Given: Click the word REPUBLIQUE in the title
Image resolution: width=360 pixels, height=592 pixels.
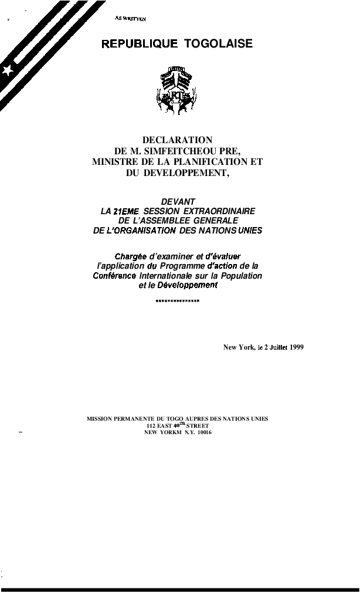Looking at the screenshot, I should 140,44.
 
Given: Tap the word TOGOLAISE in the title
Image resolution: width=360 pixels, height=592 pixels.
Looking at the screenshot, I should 218,44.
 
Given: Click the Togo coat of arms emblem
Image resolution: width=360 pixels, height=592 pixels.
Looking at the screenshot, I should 176,90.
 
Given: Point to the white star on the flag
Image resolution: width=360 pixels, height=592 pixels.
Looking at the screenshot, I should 8,70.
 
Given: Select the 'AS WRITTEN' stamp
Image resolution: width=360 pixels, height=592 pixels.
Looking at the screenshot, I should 130,19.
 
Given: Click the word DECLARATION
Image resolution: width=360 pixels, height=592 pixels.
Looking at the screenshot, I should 177,140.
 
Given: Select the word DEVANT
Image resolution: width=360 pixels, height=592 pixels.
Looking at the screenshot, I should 178,201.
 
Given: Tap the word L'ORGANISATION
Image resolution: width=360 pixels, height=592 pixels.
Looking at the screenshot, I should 141,231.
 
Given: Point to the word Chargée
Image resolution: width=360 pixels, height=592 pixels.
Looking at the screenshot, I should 130,256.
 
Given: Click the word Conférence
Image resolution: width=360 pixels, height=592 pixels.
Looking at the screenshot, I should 115,276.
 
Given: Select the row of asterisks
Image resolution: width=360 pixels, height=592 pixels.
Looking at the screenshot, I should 178,301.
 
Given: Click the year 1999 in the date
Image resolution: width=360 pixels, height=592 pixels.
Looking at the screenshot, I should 296,347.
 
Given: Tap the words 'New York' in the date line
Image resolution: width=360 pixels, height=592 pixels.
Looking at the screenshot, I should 238,347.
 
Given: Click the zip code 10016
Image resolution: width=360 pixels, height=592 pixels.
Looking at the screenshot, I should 204,432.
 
